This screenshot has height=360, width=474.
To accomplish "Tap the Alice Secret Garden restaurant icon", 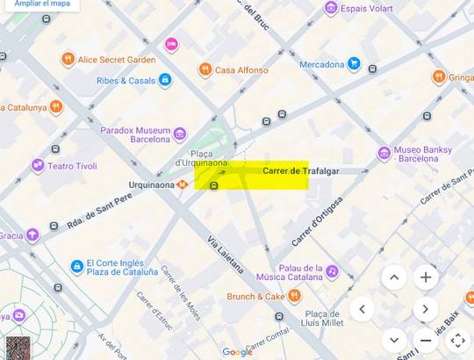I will [68, 60].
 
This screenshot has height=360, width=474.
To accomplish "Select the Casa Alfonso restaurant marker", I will [205, 69].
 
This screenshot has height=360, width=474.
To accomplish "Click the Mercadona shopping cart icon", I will [353, 63].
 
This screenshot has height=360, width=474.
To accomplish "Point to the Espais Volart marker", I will [330, 9].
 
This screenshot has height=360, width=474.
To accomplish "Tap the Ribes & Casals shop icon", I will [165, 81].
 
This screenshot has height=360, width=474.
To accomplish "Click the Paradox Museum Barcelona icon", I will [179, 133].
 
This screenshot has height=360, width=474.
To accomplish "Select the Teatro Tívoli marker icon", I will [38, 165].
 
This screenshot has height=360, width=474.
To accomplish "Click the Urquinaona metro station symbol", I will [183, 184].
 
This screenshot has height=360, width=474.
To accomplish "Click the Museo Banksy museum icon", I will [384, 154].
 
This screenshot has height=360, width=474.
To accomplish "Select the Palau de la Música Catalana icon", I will [333, 272].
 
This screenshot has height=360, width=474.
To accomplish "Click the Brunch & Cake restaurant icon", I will [293, 297].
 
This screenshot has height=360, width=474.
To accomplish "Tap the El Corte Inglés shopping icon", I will [75, 266].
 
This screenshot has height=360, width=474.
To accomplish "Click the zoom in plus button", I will [426, 277].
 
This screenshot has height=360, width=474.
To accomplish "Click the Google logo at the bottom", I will [237, 351].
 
